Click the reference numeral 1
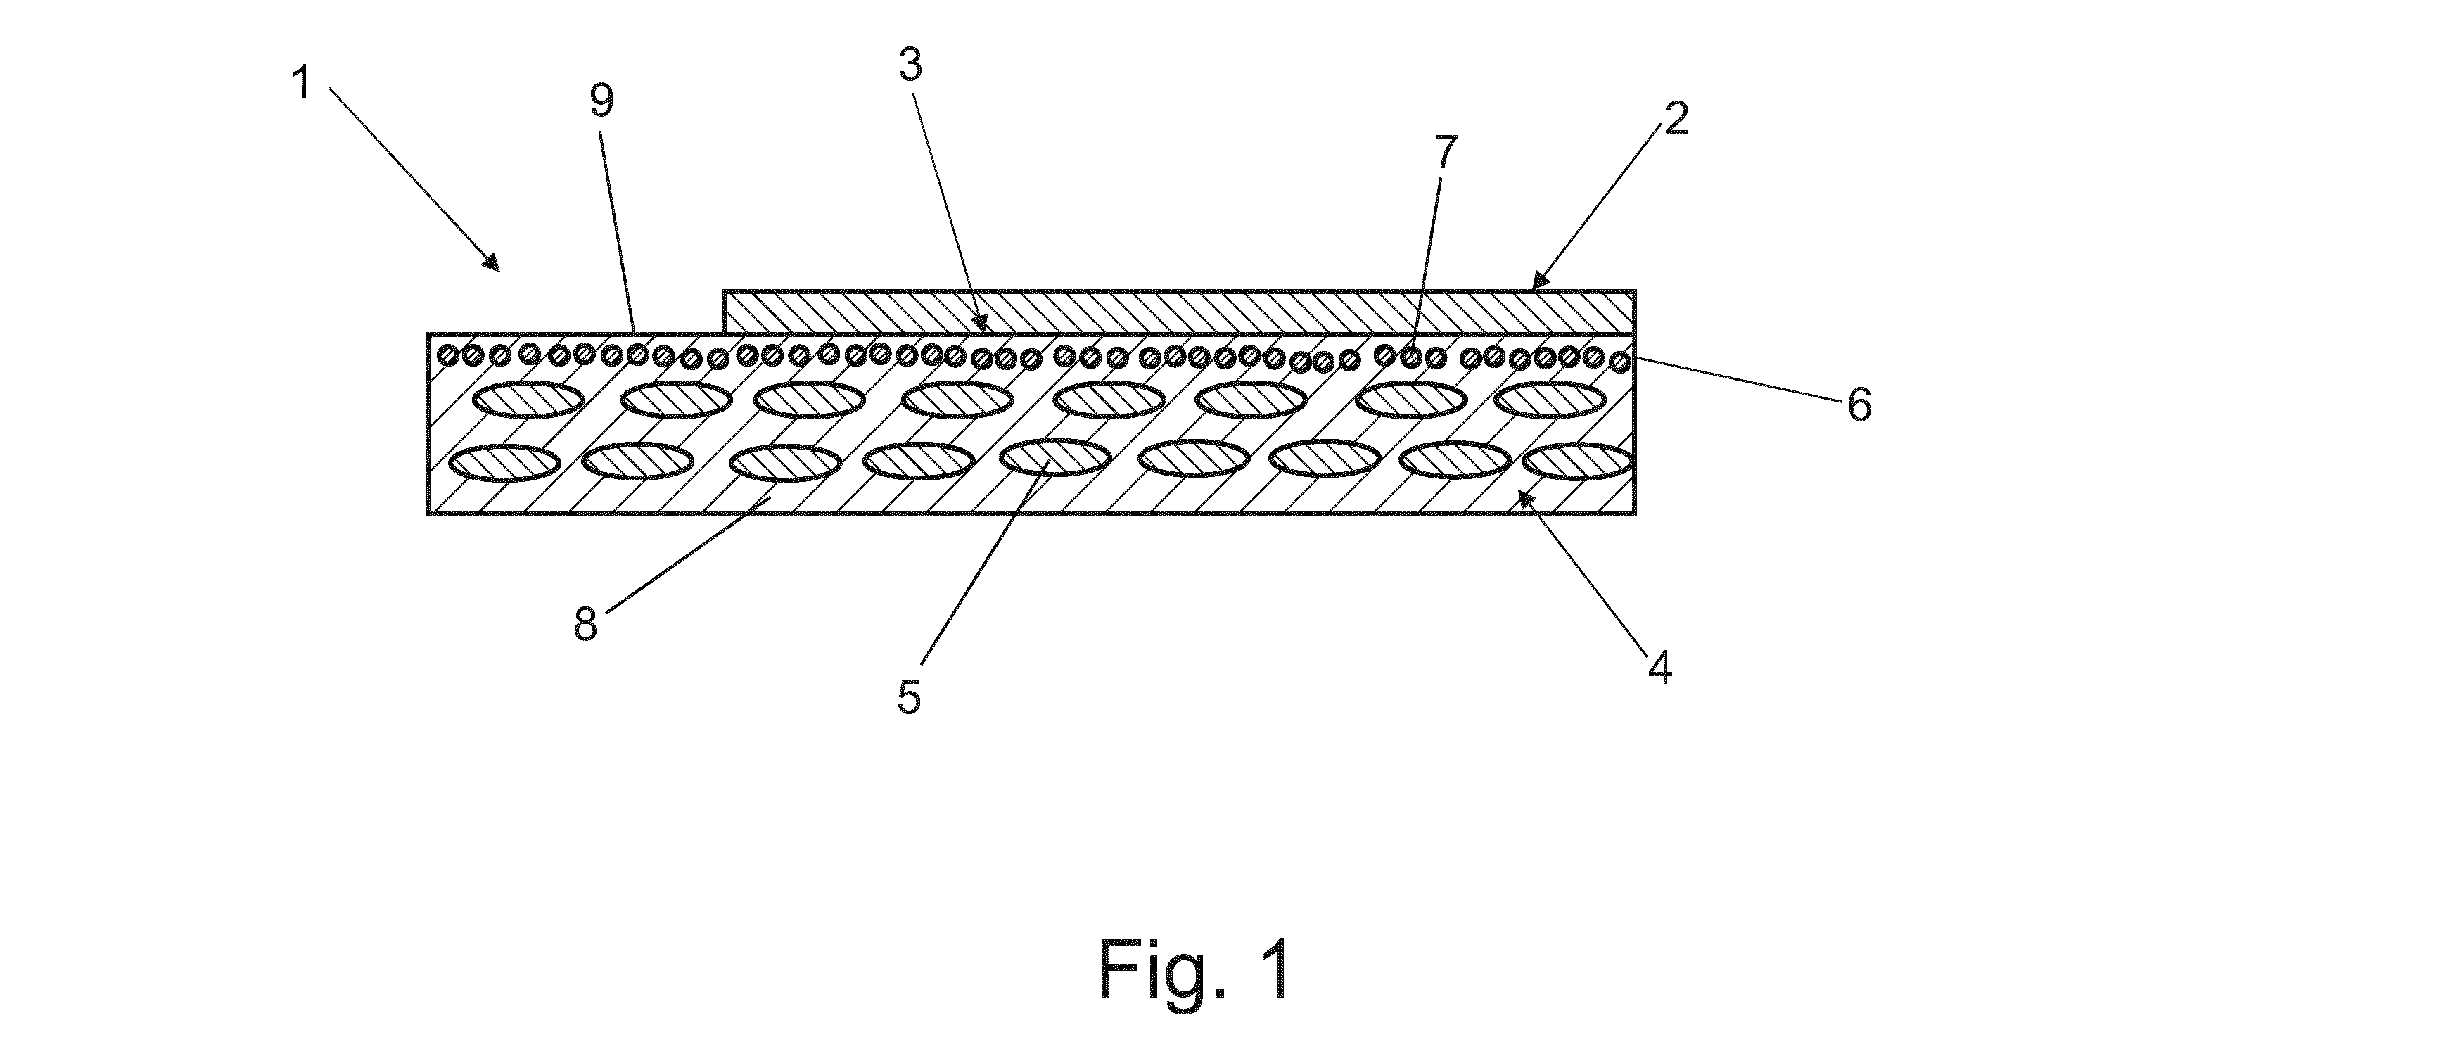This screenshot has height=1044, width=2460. pyautogui.click(x=302, y=83)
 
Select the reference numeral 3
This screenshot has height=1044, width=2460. pyautogui.click(x=910, y=65)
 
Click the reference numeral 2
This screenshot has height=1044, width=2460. pyautogui.click(x=1676, y=118)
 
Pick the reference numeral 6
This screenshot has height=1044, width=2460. pyautogui.click(x=1859, y=405)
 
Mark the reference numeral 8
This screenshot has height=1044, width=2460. pyautogui.click(x=585, y=624)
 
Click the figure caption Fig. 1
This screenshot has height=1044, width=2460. pyautogui.click(x=1194, y=969)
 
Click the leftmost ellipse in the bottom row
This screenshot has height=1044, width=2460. pyautogui.click(x=504, y=463)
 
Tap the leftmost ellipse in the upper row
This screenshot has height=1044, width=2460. pyautogui.click(x=529, y=400)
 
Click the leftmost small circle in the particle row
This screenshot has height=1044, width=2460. pyautogui.click(x=446, y=356)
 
